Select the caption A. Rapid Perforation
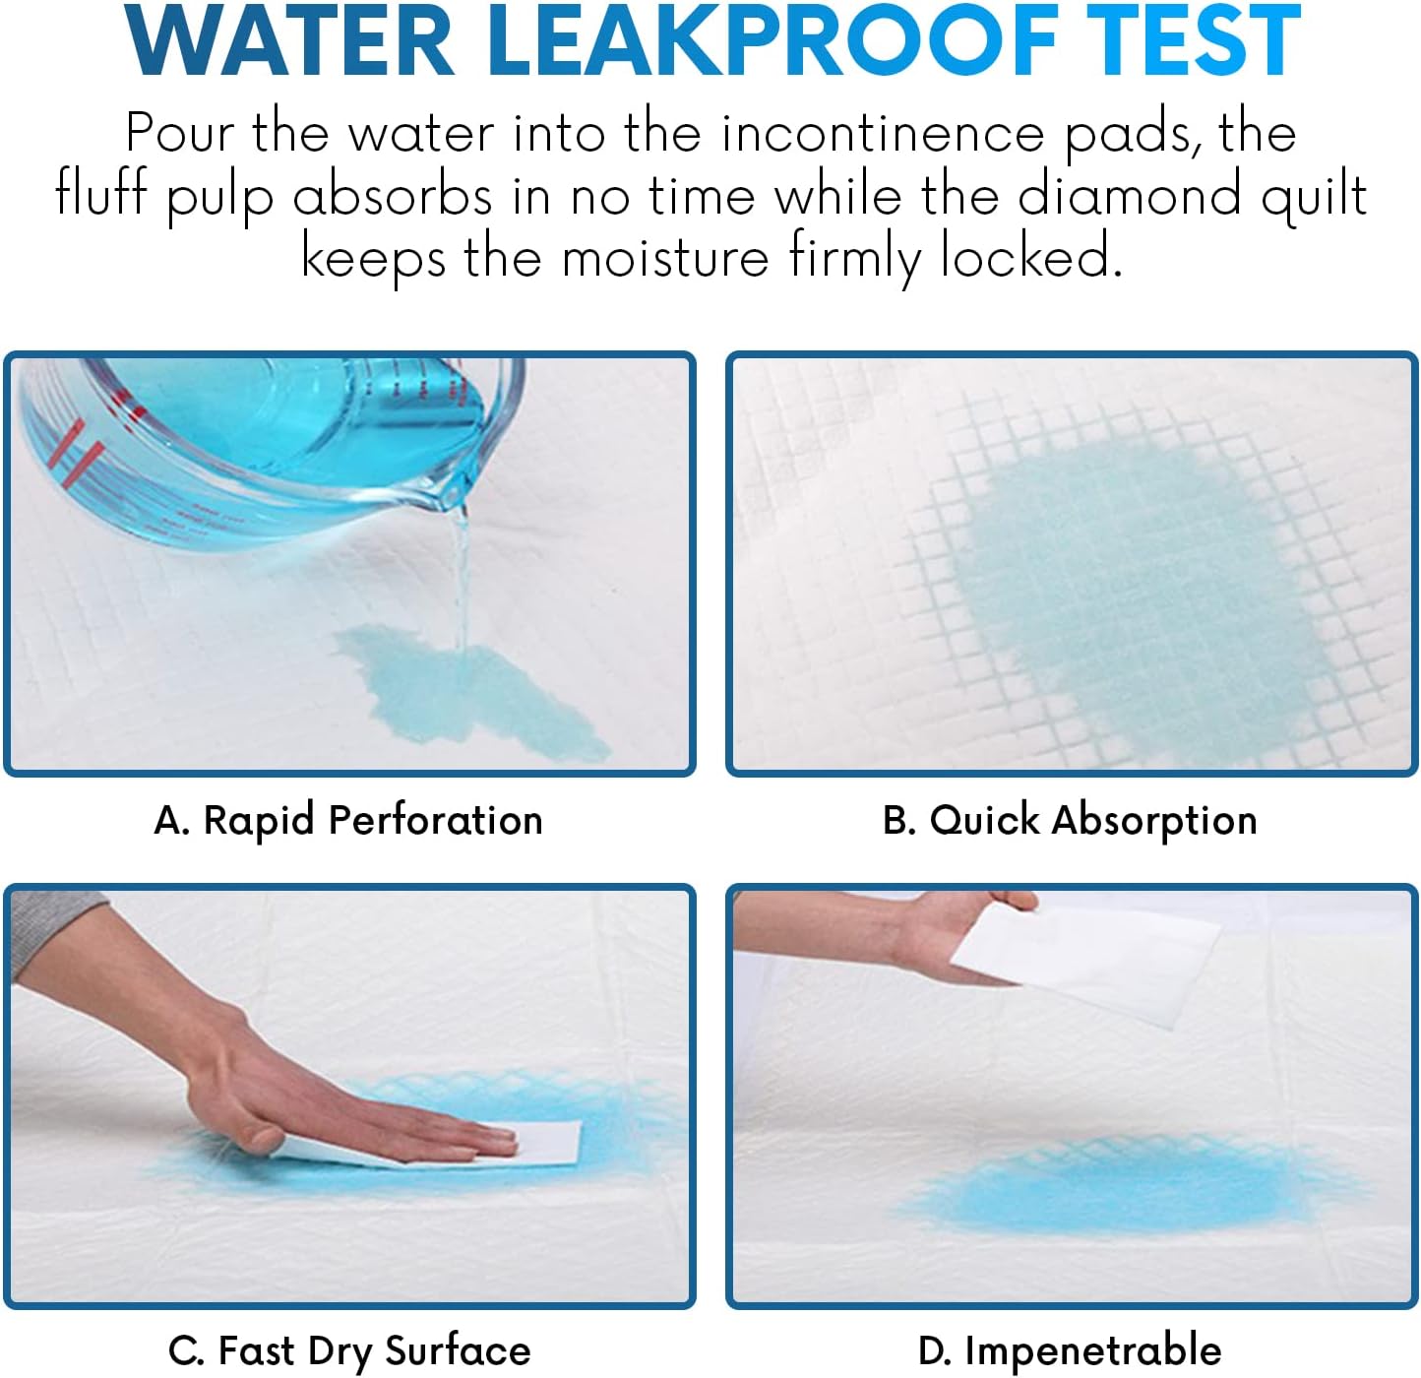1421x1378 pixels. [348, 820]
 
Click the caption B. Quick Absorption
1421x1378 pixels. [1070, 820]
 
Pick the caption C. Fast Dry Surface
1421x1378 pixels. [349, 1350]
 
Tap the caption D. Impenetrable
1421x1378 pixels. [1070, 1350]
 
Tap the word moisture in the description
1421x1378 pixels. [665, 258]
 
